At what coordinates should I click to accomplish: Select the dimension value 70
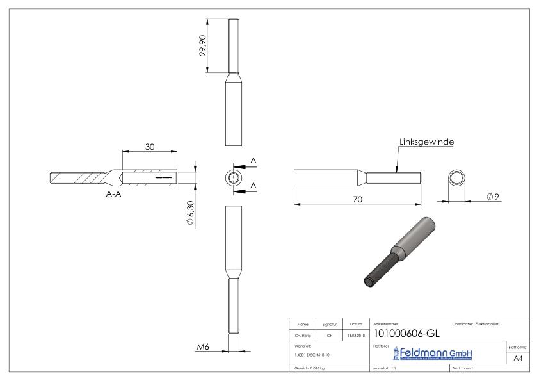tap(358, 199)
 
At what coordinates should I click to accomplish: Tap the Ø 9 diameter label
tap(492, 195)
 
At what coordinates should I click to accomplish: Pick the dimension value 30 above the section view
tap(149, 147)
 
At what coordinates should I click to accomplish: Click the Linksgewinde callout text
tap(427, 143)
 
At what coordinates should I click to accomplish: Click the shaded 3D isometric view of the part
tap(401, 250)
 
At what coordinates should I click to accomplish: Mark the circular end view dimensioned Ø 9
tap(456, 177)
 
